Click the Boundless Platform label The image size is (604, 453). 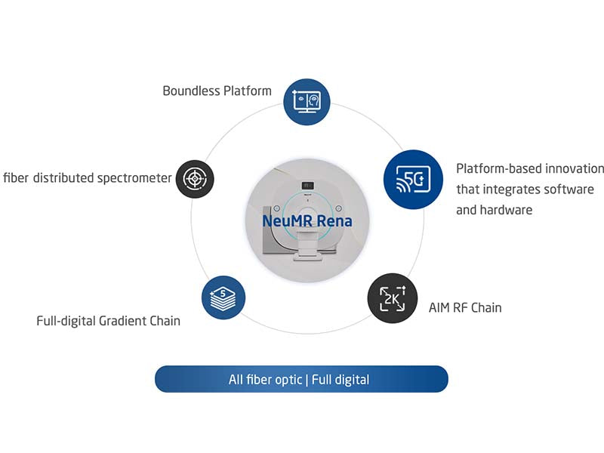coord(217,91)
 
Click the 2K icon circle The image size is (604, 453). coord(392,298)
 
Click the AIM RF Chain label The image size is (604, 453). coord(464,307)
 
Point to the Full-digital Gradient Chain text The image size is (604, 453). coord(108,321)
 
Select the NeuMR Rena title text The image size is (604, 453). coord(307,221)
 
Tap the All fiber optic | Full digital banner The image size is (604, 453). coord(301,379)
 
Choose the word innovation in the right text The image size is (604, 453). coord(575,168)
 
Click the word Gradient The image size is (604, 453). coord(125,321)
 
